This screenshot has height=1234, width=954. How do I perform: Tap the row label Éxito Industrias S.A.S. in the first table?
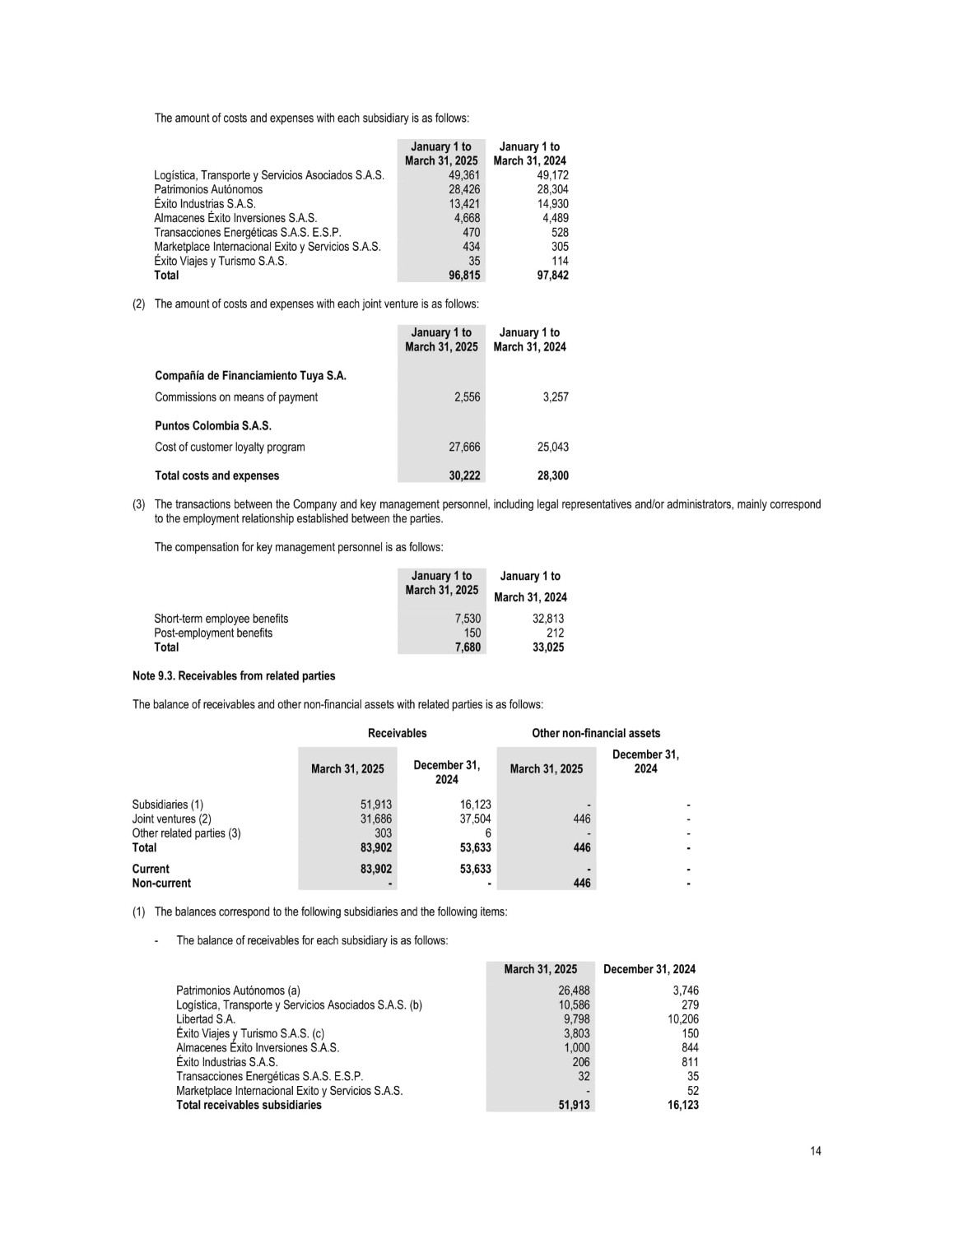point(205,204)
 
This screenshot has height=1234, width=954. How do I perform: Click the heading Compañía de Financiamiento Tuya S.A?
point(250,376)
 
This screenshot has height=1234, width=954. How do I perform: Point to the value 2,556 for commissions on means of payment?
point(467,397)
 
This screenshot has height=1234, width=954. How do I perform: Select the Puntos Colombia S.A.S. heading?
point(213,426)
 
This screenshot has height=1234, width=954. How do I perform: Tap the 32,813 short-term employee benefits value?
point(548,619)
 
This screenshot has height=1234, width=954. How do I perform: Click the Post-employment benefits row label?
point(213,633)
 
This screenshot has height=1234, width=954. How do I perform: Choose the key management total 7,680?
point(468,647)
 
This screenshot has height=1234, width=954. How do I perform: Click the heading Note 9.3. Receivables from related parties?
point(234,676)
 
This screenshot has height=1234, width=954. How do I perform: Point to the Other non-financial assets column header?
point(596,733)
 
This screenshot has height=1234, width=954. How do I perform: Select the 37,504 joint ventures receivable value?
point(475,819)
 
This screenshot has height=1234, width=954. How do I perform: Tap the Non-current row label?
point(161,884)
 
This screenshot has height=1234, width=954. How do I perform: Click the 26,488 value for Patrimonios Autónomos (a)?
point(574,991)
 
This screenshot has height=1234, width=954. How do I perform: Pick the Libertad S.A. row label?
point(206,1019)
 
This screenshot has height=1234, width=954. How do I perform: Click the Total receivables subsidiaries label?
point(249,1106)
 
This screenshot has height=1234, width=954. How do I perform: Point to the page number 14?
point(815,1151)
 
